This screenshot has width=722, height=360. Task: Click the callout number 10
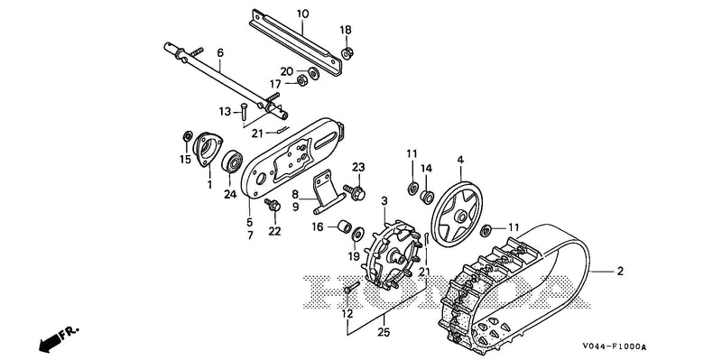tap(302, 14)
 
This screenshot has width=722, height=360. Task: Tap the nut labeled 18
tap(347, 53)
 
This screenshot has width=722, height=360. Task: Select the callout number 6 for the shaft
tap(220, 53)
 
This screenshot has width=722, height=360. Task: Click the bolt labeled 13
tap(244, 113)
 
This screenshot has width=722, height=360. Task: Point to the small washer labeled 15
tap(188, 136)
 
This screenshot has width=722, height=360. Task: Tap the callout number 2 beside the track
tap(620, 272)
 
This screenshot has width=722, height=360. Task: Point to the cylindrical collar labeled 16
tap(343, 227)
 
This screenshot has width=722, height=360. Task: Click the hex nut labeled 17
tap(302, 80)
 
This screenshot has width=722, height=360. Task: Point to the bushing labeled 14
tap(427, 197)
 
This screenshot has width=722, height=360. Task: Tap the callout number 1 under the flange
tap(209, 185)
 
